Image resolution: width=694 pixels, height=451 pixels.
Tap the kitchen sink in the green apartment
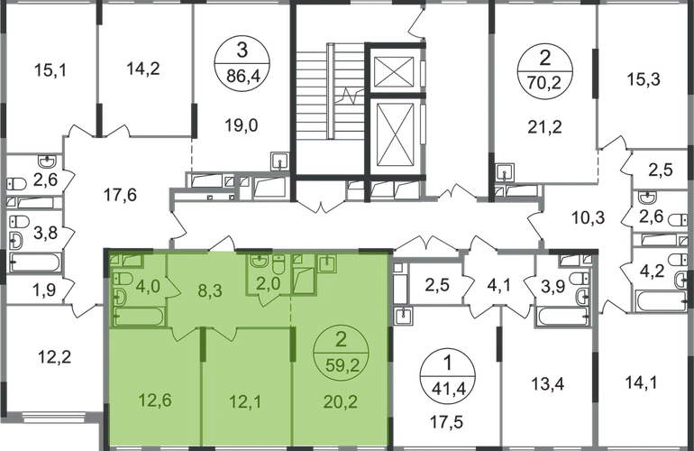click(326, 262)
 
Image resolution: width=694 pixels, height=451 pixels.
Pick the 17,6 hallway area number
click(116, 192)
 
